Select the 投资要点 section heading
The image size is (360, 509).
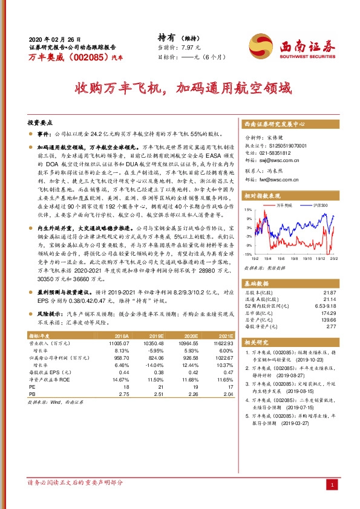tap(41, 121)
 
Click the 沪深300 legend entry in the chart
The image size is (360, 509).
tap(319, 206)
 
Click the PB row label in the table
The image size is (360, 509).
tap(33, 395)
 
